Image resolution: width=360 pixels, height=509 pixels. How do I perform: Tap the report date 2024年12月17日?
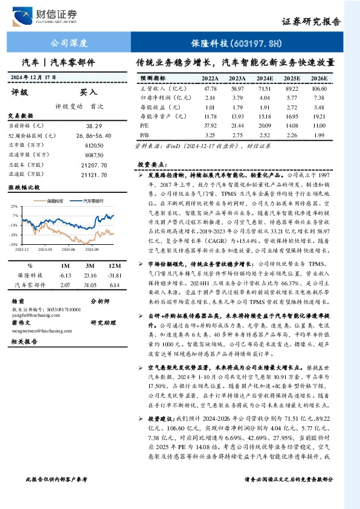[x=33, y=77]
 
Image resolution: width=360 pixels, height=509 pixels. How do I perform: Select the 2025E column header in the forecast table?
[x=292, y=79]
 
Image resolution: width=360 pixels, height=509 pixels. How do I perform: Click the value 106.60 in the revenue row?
[x=319, y=88]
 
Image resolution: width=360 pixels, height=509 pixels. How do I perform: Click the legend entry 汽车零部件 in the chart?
[x=92, y=200]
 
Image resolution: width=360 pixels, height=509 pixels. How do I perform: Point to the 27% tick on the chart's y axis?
[x=14, y=207]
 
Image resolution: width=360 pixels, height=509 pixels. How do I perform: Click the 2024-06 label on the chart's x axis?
[x=68, y=248]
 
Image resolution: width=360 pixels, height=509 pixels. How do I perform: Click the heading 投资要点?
[x=152, y=164]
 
